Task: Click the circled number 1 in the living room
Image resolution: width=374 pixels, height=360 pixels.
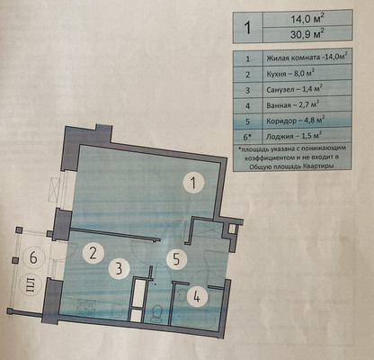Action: (x=194, y=183)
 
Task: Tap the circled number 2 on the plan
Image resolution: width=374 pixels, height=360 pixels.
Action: (x=93, y=253)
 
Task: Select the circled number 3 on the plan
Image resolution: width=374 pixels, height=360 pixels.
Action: (x=120, y=268)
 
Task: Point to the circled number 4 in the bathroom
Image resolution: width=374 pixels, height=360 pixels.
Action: (x=197, y=297)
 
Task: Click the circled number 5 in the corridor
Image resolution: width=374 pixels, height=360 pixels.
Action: (x=176, y=259)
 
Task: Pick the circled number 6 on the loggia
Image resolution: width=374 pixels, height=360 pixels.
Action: (x=34, y=257)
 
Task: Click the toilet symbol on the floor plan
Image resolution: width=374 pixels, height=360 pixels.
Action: (x=156, y=314)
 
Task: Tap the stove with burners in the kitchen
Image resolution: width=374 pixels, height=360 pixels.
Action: (x=86, y=308)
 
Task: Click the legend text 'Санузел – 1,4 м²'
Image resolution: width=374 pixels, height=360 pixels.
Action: (x=295, y=90)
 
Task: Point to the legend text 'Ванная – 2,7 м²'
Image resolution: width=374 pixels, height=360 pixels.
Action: (x=292, y=105)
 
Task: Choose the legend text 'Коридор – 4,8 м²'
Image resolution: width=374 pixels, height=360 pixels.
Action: (x=296, y=121)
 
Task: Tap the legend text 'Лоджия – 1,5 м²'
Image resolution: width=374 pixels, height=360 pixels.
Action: (x=294, y=137)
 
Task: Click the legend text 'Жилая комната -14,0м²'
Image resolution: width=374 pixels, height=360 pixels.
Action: (x=307, y=58)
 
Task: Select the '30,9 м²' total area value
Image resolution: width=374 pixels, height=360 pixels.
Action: (x=308, y=34)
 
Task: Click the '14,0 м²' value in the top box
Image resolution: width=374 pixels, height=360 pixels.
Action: (x=308, y=20)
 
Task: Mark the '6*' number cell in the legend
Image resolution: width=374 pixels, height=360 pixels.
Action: (x=247, y=137)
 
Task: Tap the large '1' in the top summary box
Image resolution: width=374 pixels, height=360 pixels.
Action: (x=247, y=27)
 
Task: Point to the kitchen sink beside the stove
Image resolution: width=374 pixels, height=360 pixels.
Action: (x=118, y=310)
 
